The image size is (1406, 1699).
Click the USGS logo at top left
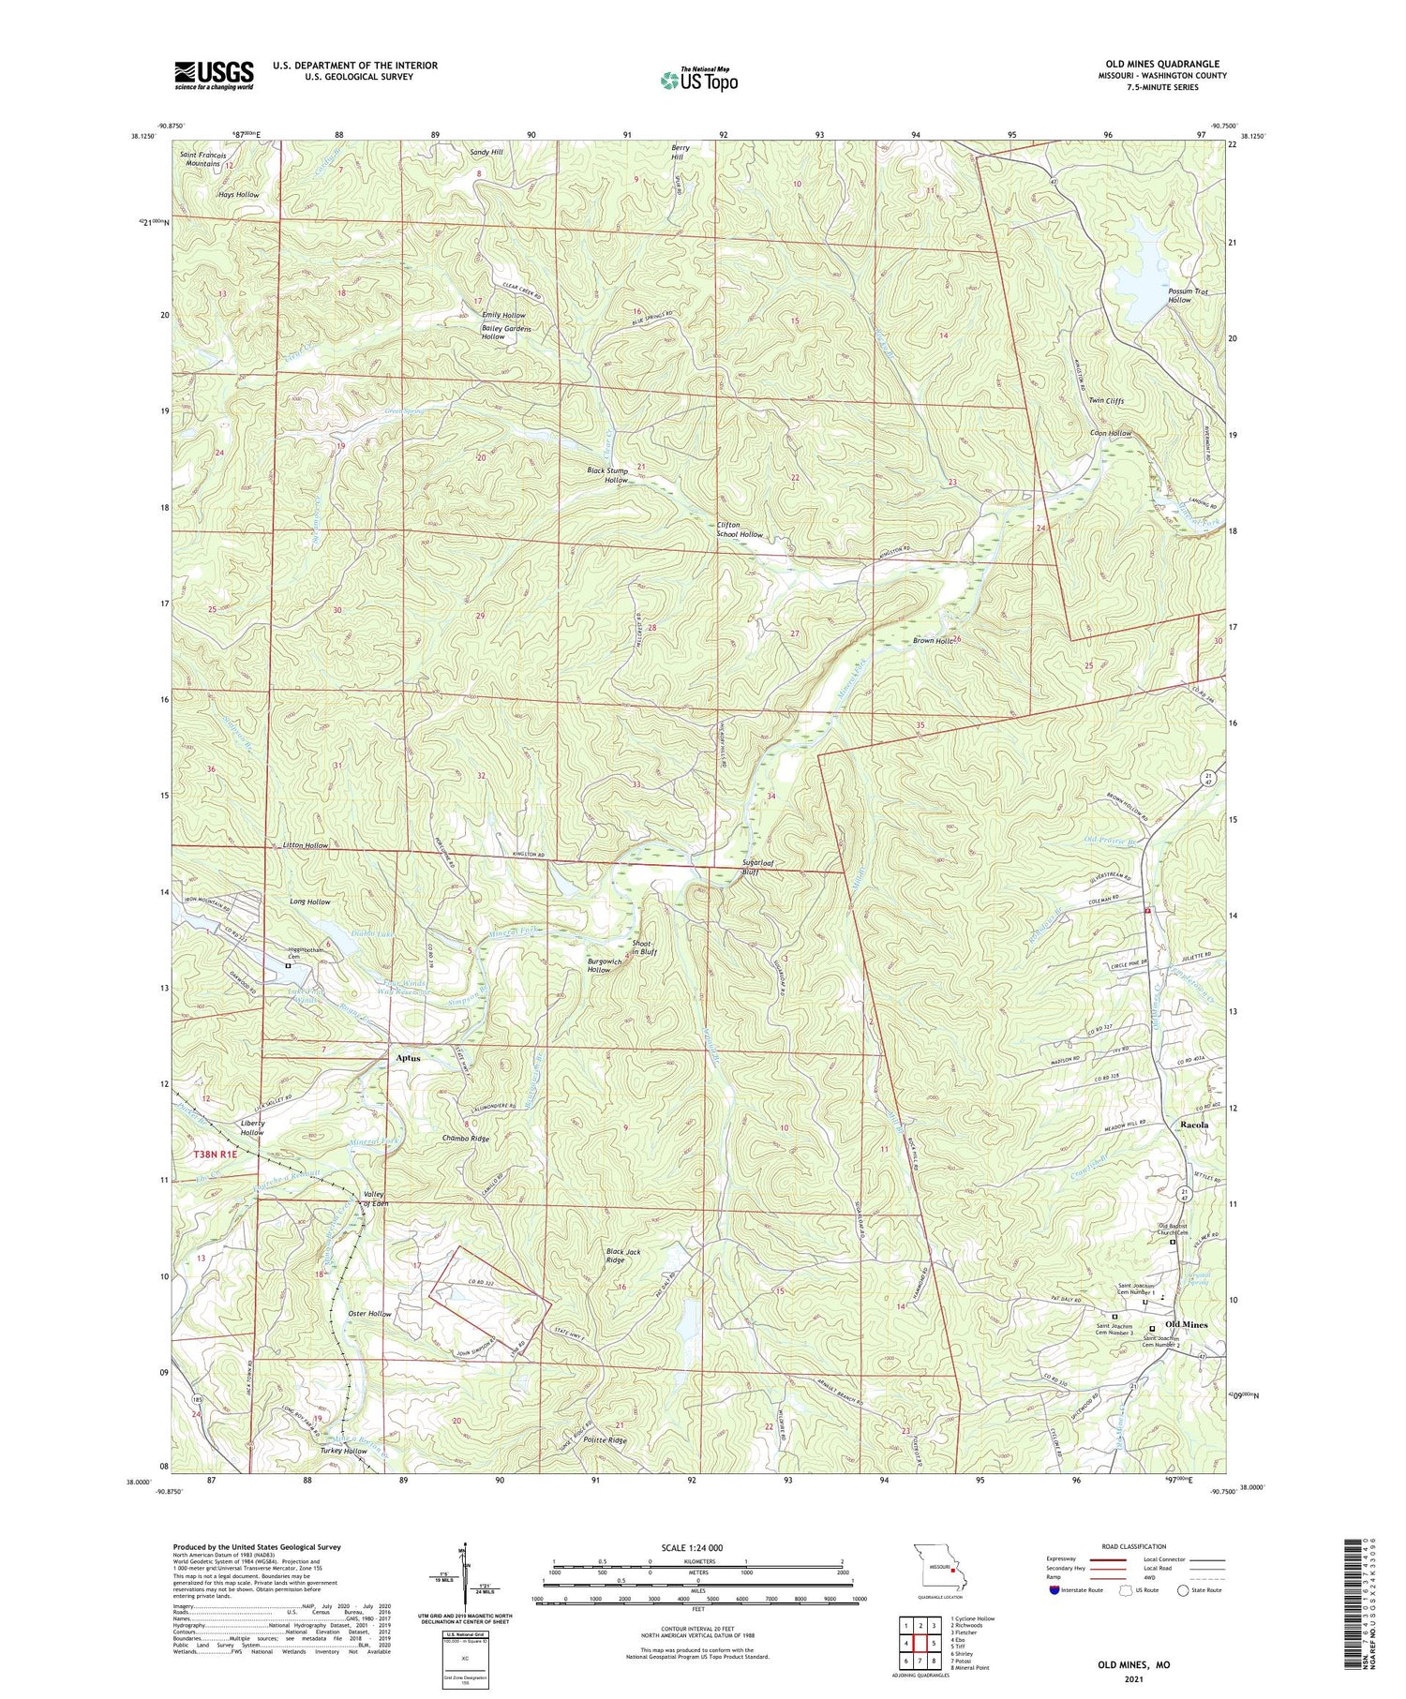(x=214, y=75)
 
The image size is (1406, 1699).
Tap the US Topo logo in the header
(x=698, y=81)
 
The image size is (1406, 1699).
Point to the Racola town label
(x=1194, y=1124)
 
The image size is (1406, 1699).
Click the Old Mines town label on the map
(x=1186, y=1324)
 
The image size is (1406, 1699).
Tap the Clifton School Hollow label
(x=740, y=529)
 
